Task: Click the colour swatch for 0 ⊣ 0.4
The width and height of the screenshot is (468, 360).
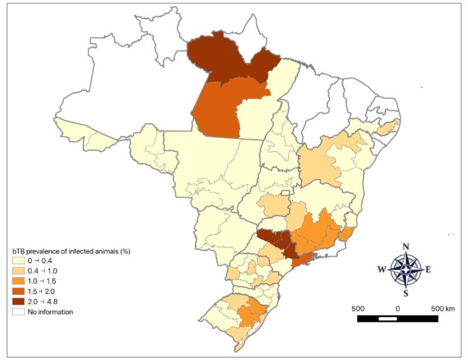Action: tap(18, 260)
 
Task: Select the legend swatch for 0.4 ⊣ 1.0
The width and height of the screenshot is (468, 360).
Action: tap(18, 270)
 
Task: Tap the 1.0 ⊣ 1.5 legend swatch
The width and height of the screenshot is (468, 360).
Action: tap(18, 281)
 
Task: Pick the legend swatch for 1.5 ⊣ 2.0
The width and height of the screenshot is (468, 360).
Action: tap(18, 291)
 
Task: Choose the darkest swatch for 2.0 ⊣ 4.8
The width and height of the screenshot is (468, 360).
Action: tap(18, 301)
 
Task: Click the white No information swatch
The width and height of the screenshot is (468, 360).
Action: tap(18, 312)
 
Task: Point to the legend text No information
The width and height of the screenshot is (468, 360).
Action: tap(50, 312)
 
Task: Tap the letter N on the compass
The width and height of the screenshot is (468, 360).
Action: tap(405, 246)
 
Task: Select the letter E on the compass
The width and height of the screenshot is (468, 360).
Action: tap(428, 270)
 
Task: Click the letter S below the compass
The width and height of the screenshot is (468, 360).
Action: tap(405, 294)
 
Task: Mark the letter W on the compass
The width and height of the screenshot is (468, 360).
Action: tap(382, 270)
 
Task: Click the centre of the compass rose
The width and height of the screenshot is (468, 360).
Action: tap(405, 270)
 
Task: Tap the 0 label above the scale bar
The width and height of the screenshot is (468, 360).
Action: tap(398, 308)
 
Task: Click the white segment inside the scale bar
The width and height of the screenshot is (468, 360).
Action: tap(388, 318)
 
